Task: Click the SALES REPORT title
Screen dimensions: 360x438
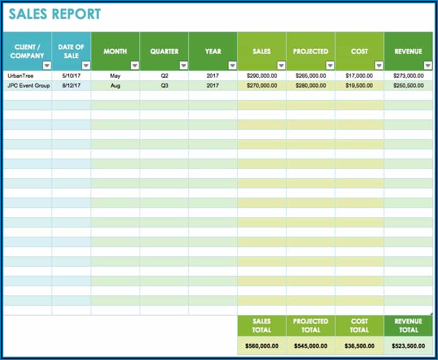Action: (54, 14)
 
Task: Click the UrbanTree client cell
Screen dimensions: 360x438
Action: (21, 76)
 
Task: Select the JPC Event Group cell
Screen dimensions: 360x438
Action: (28, 86)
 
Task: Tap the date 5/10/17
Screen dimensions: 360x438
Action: (71, 76)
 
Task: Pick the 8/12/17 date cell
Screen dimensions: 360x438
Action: (71, 86)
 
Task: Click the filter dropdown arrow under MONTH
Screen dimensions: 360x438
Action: (135, 66)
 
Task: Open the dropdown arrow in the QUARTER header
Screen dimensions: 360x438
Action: (183, 66)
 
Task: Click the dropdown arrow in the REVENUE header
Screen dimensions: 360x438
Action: (428, 66)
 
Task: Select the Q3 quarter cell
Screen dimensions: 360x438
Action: (164, 86)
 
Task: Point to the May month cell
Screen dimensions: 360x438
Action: (115, 76)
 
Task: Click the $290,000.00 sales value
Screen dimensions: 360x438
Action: (262, 76)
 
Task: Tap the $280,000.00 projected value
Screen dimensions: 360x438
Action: (310, 86)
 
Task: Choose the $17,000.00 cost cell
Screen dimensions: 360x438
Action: (359, 76)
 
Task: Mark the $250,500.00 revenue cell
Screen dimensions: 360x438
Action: (408, 86)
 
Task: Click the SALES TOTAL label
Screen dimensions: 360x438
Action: (262, 325)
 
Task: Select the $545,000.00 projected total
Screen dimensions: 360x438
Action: (310, 346)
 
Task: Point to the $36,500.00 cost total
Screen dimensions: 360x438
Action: (359, 346)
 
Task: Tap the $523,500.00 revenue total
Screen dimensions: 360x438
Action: (408, 346)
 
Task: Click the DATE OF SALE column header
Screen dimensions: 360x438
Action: (71, 51)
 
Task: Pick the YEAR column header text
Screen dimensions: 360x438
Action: (213, 51)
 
